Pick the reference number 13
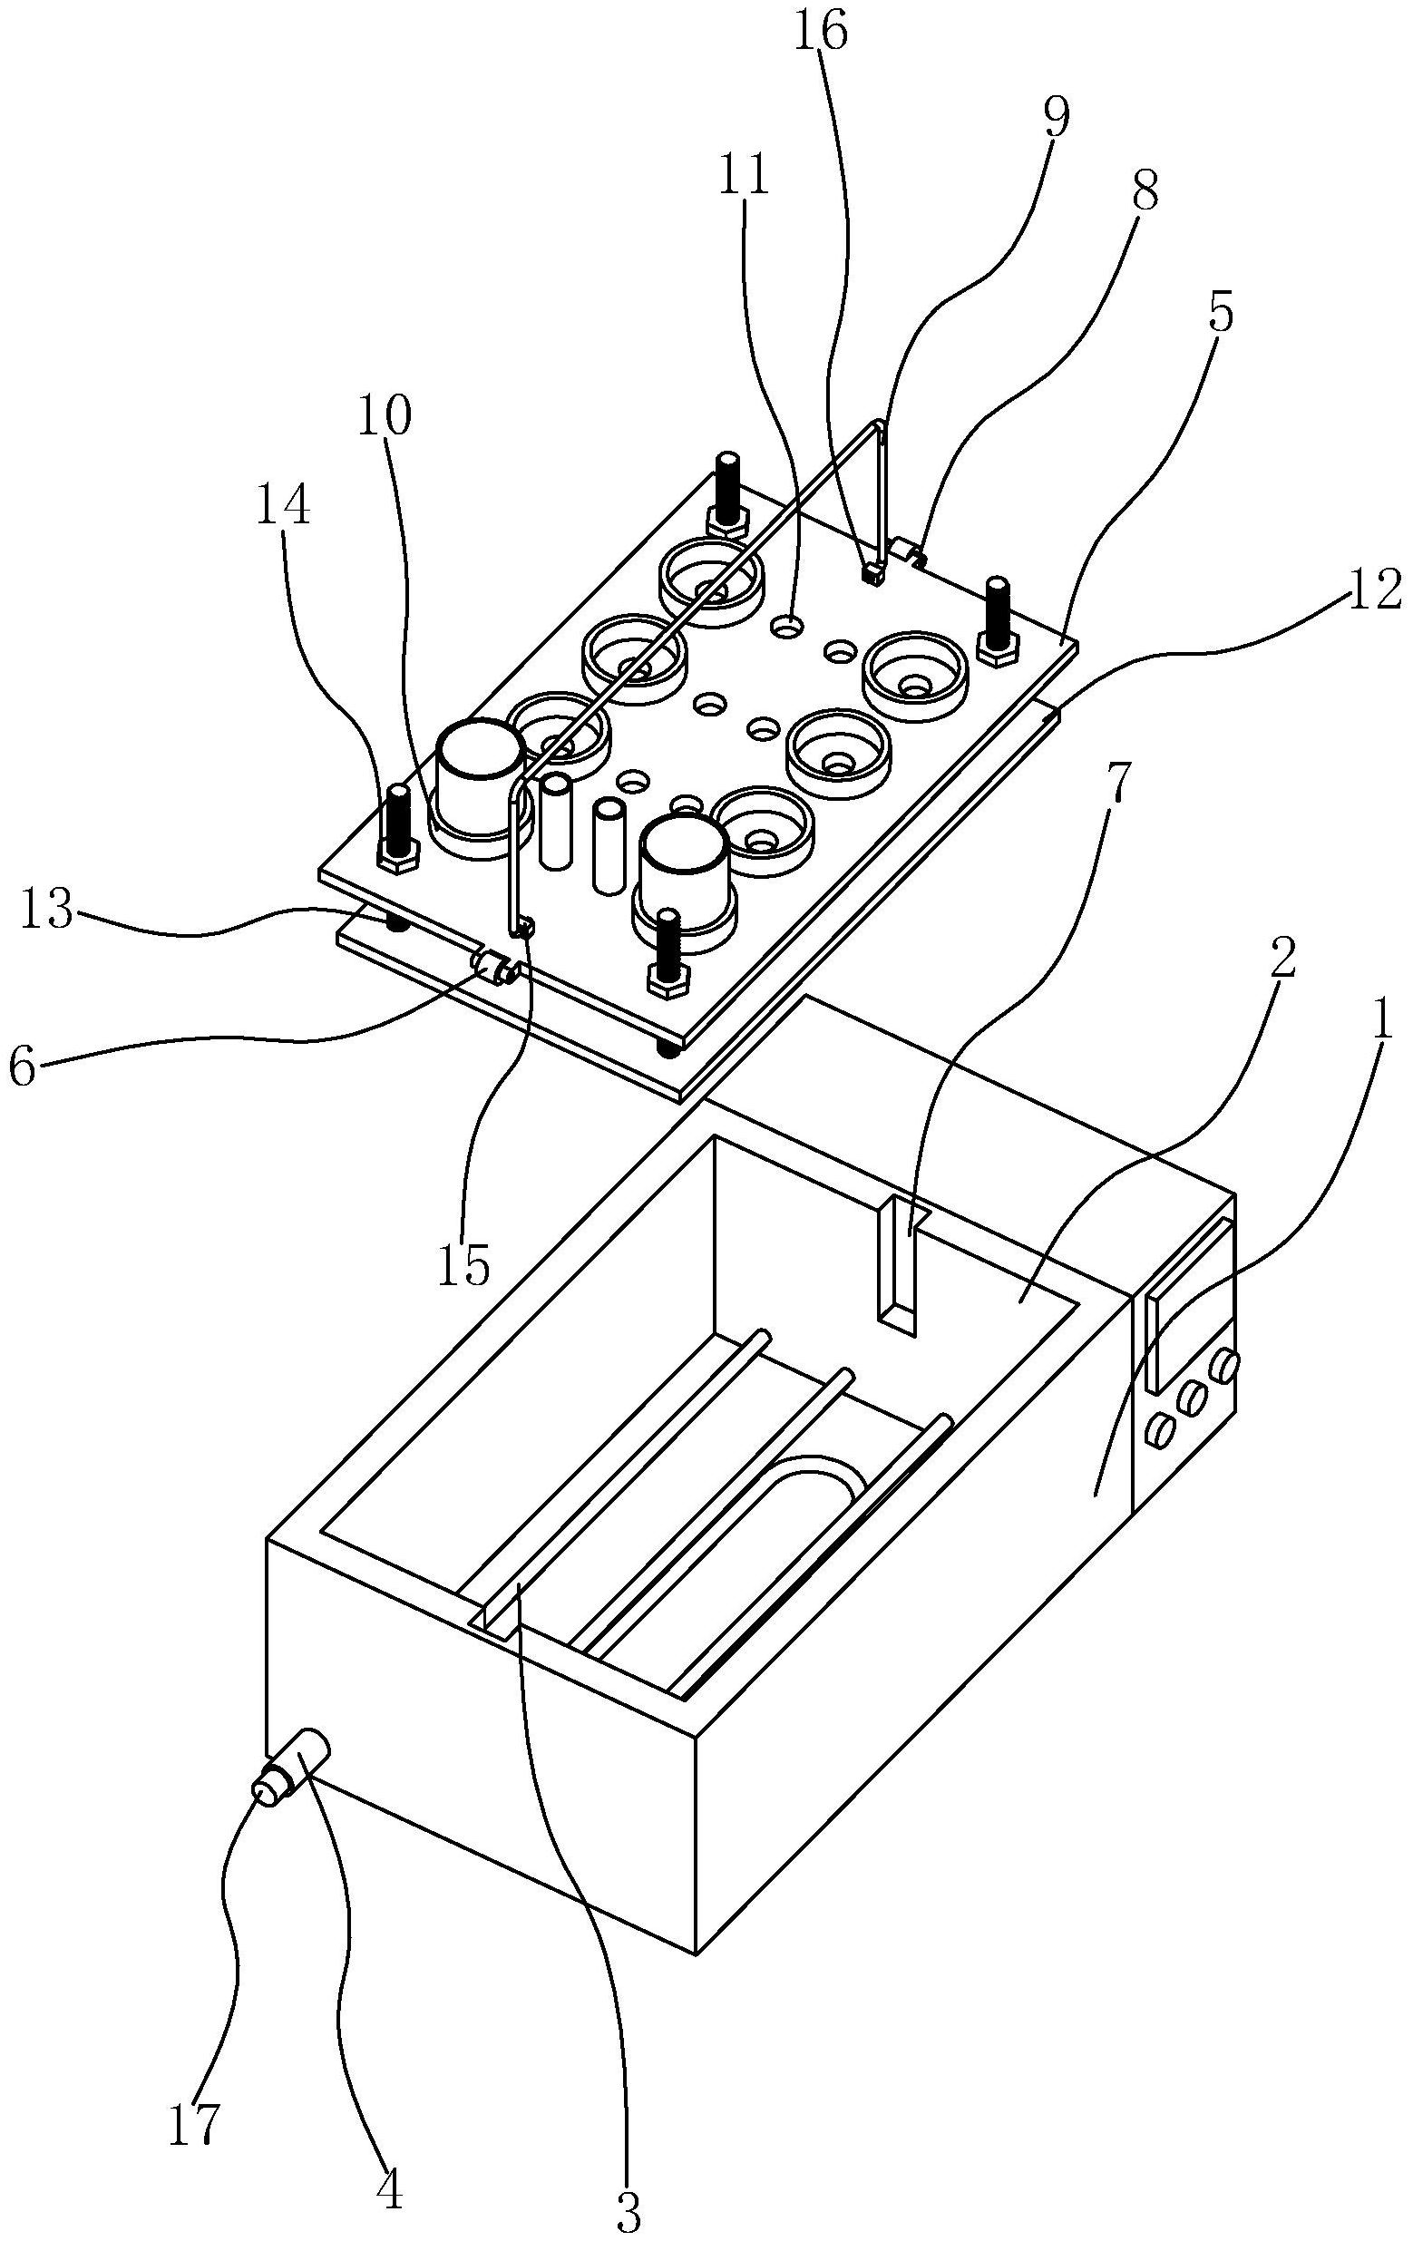coord(45,912)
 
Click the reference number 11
coord(744,176)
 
